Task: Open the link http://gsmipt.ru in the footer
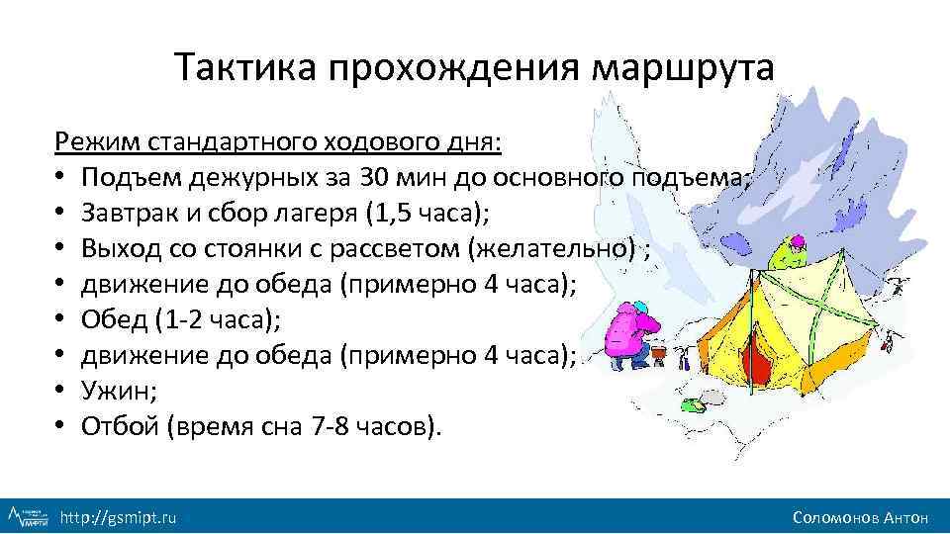pyautogui.click(x=119, y=516)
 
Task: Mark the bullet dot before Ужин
pyautogui.click(x=61, y=392)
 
